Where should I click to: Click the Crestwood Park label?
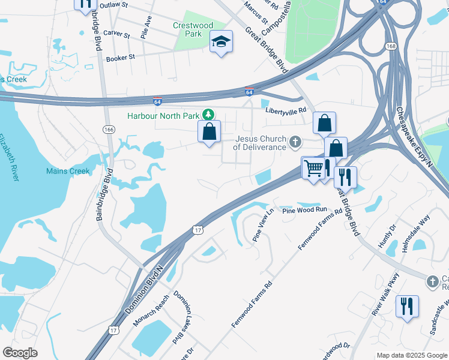[x=193, y=29]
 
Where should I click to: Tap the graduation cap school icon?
[x=221, y=42]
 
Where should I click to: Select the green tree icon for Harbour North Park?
[x=208, y=114]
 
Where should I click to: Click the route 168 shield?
[x=391, y=46]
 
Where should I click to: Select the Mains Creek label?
[x=68, y=171]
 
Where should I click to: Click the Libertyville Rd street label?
[x=287, y=110]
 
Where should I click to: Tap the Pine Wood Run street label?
[x=306, y=210]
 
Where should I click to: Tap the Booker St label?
[x=121, y=58]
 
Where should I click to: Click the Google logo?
[x=20, y=353]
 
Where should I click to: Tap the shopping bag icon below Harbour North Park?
[x=209, y=131]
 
